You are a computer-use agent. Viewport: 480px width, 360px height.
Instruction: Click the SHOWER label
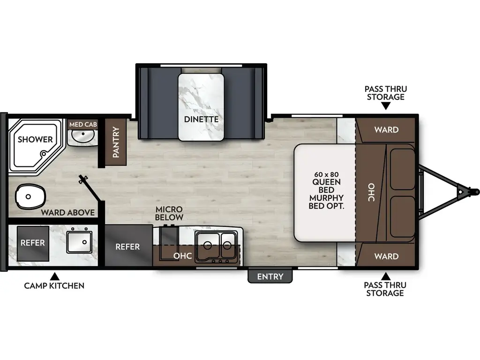[x=35, y=139]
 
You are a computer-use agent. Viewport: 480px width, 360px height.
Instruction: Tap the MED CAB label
[x=83, y=125]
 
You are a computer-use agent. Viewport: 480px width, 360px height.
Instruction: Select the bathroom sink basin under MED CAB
[x=83, y=136]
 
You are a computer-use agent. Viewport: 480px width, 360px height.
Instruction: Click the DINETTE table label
[x=201, y=119]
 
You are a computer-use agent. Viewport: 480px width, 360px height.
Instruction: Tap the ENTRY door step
[x=270, y=277]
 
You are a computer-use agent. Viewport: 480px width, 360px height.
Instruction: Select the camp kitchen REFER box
[x=33, y=243]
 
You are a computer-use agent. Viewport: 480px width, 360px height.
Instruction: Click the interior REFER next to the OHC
[x=127, y=247]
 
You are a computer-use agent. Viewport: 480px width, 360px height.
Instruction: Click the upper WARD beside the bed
[x=386, y=129]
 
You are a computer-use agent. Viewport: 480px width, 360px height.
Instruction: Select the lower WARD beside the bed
[x=386, y=256]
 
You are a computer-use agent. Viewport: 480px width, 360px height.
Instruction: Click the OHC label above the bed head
[x=371, y=192]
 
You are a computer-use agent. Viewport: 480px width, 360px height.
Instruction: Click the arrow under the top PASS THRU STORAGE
[x=385, y=106]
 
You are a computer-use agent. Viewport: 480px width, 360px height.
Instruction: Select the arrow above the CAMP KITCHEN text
[x=54, y=276]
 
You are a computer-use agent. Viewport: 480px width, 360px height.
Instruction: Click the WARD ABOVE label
[x=68, y=212]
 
